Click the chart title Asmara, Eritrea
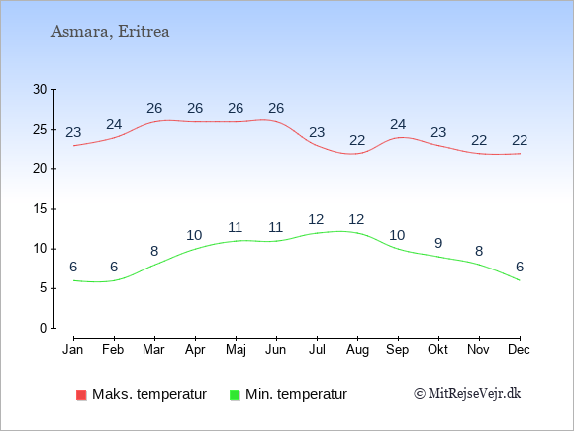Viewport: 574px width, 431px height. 110,32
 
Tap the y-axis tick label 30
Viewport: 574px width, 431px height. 40,89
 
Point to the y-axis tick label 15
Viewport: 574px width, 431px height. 40,209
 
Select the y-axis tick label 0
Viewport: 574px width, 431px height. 44,328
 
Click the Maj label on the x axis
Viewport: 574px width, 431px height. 236,350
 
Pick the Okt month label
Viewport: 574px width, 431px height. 437,350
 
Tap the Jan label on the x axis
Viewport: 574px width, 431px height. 73,350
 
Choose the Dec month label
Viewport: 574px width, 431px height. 520,350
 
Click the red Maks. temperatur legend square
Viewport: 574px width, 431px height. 81,395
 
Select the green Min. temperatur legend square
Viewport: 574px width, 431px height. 235,395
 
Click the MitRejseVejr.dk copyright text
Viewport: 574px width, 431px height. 467,393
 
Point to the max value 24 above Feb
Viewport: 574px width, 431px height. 114,125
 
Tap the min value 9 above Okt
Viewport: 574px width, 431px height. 438,243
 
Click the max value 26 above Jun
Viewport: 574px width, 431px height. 276,108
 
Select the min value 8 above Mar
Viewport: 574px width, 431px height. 154,251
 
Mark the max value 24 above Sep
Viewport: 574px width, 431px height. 398,125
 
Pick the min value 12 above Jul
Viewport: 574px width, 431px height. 316,220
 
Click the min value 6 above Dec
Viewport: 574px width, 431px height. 520,267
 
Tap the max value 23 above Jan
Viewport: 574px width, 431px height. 73,132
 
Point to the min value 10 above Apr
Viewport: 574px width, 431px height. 194,235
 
